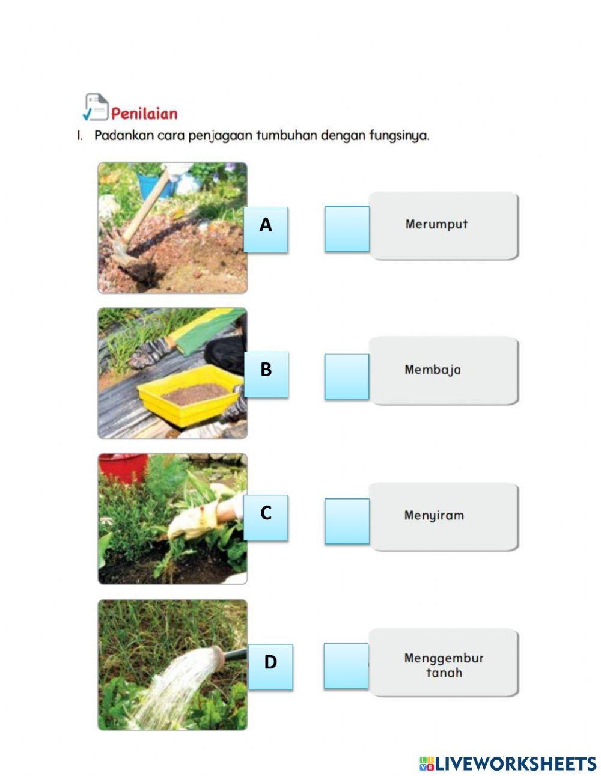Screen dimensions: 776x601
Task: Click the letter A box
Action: (x=266, y=229)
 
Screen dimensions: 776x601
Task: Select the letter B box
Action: (x=266, y=374)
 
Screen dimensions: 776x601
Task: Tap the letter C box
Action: (x=266, y=517)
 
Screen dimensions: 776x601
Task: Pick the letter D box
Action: (x=270, y=666)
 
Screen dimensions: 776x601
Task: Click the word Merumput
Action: (x=436, y=224)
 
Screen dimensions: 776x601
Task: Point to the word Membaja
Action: (x=433, y=370)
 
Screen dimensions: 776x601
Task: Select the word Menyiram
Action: (x=434, y=515)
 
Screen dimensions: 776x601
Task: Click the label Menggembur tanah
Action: (x=444, y=665)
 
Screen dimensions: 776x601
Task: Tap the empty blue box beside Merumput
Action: (x=347, y=228)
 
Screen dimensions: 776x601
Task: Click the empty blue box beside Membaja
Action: (x=347, y=376)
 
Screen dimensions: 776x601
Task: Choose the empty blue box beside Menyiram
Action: (x=347, y=521)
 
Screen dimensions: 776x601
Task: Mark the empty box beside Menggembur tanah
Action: (x=346, y=665)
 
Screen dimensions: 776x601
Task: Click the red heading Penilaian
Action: (x=144, y=114)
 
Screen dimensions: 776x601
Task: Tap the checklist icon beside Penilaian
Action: (x=95, y=107)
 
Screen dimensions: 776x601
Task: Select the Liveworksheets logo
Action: (x=508, y=763)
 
